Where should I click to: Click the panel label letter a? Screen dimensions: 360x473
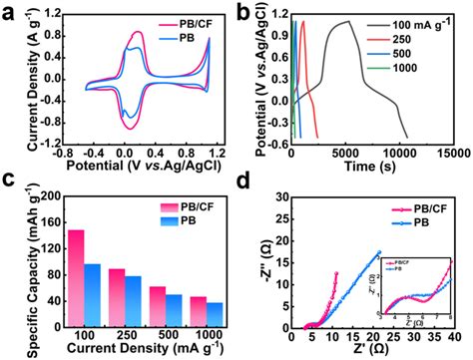(x=10, y=13)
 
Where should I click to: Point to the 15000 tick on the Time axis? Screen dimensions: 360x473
(x=454, y=159)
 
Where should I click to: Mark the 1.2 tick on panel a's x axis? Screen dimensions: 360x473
(x=211, y=159)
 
